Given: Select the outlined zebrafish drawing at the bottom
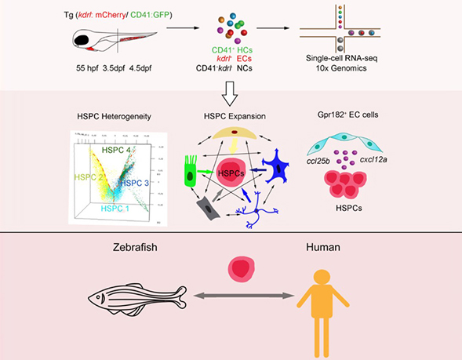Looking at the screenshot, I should coord(134,304).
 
